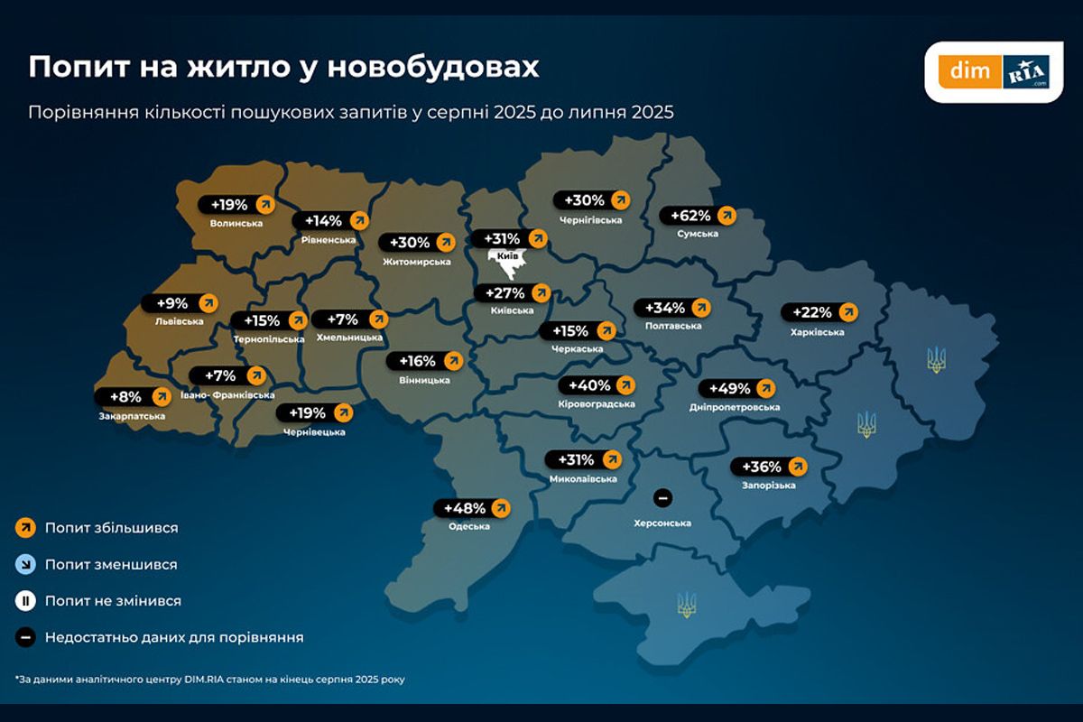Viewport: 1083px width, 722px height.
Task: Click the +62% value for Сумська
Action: tap(690, 216)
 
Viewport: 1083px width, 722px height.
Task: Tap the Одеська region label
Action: tap(468, 526)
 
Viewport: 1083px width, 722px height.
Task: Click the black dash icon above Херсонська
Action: tap(662, 497)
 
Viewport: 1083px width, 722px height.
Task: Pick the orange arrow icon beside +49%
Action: tap(766, 389)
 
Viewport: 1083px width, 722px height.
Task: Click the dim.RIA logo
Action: tap(994, 71)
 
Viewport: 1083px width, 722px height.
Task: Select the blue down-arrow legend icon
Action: tap(25, 564)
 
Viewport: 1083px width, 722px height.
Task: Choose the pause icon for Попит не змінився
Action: tap(25, 601)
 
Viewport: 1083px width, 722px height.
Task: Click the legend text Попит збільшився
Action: tap(111, 528)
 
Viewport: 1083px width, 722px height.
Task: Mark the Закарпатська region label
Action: tap(132, 416)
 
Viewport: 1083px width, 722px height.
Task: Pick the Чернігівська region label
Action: tap(591, 219)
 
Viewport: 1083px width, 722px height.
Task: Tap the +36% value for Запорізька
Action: tap(761, 467)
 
